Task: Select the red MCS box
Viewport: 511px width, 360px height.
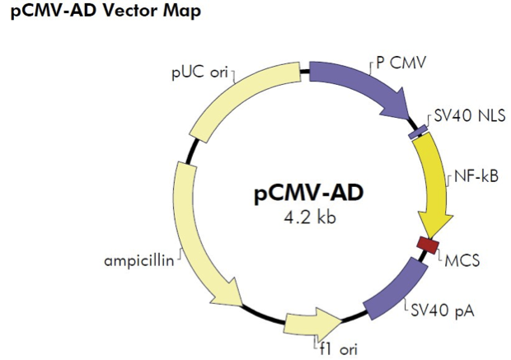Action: click(427, 245)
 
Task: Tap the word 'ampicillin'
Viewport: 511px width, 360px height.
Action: click(139, 262)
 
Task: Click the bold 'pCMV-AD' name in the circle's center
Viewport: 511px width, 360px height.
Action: click(307, 194)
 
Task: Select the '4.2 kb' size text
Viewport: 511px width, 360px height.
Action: click(307, 218)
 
